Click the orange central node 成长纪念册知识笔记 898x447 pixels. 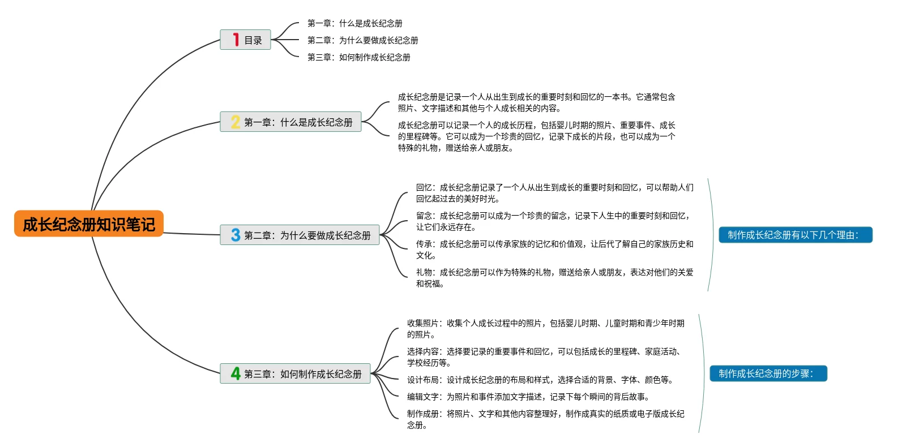click(89, 224)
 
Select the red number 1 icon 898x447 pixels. click(236, 40)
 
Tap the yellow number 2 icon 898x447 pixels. click(236, 122)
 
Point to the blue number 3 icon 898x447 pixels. click(236, 235)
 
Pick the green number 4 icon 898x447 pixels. click(236, 373)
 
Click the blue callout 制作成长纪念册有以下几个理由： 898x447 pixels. click(795, 235)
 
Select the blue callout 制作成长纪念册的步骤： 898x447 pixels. click(768, 373)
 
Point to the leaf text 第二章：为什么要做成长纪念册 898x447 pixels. click(362, 40)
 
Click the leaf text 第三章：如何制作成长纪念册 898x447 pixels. click(358, 57)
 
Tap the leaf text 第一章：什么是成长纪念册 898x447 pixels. click(354, 23)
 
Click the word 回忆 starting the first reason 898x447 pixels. click(424, 187)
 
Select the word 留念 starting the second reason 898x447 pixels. click(424, 216)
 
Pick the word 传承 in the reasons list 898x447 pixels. click(424, 244)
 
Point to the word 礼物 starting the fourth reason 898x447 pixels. click(424, 272)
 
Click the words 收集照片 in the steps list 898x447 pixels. click(422, 323)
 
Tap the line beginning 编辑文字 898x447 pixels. click(528, 397)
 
